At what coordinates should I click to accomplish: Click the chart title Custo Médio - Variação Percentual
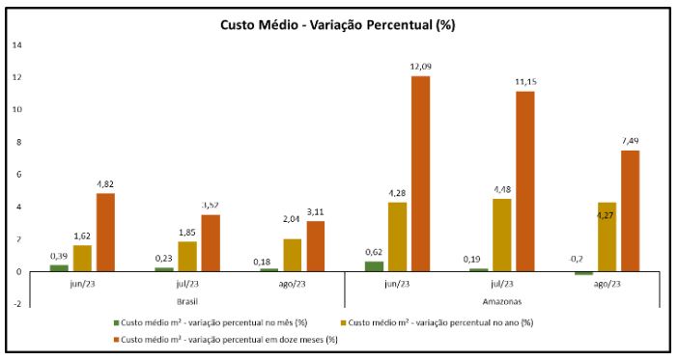click(337, 25)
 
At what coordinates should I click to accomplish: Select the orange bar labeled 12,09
click(420, 174)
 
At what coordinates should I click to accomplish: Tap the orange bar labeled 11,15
click(525, 181)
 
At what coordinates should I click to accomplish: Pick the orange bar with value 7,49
click(630, 211)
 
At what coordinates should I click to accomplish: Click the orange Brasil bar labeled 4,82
click(105, 233)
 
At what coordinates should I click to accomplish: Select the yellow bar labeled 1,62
click(82, 259)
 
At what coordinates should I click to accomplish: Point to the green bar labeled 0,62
click(374, 266)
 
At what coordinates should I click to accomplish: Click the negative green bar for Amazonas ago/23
click(583, 273)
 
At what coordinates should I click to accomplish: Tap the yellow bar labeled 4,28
click(397, 236)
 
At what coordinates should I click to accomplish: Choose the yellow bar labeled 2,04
click(293, 255)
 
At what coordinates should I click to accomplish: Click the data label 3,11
click(315, 212)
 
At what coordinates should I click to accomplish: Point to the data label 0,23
click(164, 259)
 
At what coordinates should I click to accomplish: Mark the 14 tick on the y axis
click(16, 45)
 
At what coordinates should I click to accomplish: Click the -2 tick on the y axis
click(16, 304)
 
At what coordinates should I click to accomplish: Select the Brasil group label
click(187, 301)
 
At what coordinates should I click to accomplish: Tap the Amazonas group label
click(502, 301)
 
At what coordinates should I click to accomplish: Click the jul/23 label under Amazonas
click(502, 284)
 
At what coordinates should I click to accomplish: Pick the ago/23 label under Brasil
click(293, 284)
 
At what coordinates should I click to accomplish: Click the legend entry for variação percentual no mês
click(211, 322)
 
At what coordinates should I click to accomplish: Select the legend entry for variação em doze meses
click(225, 340)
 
